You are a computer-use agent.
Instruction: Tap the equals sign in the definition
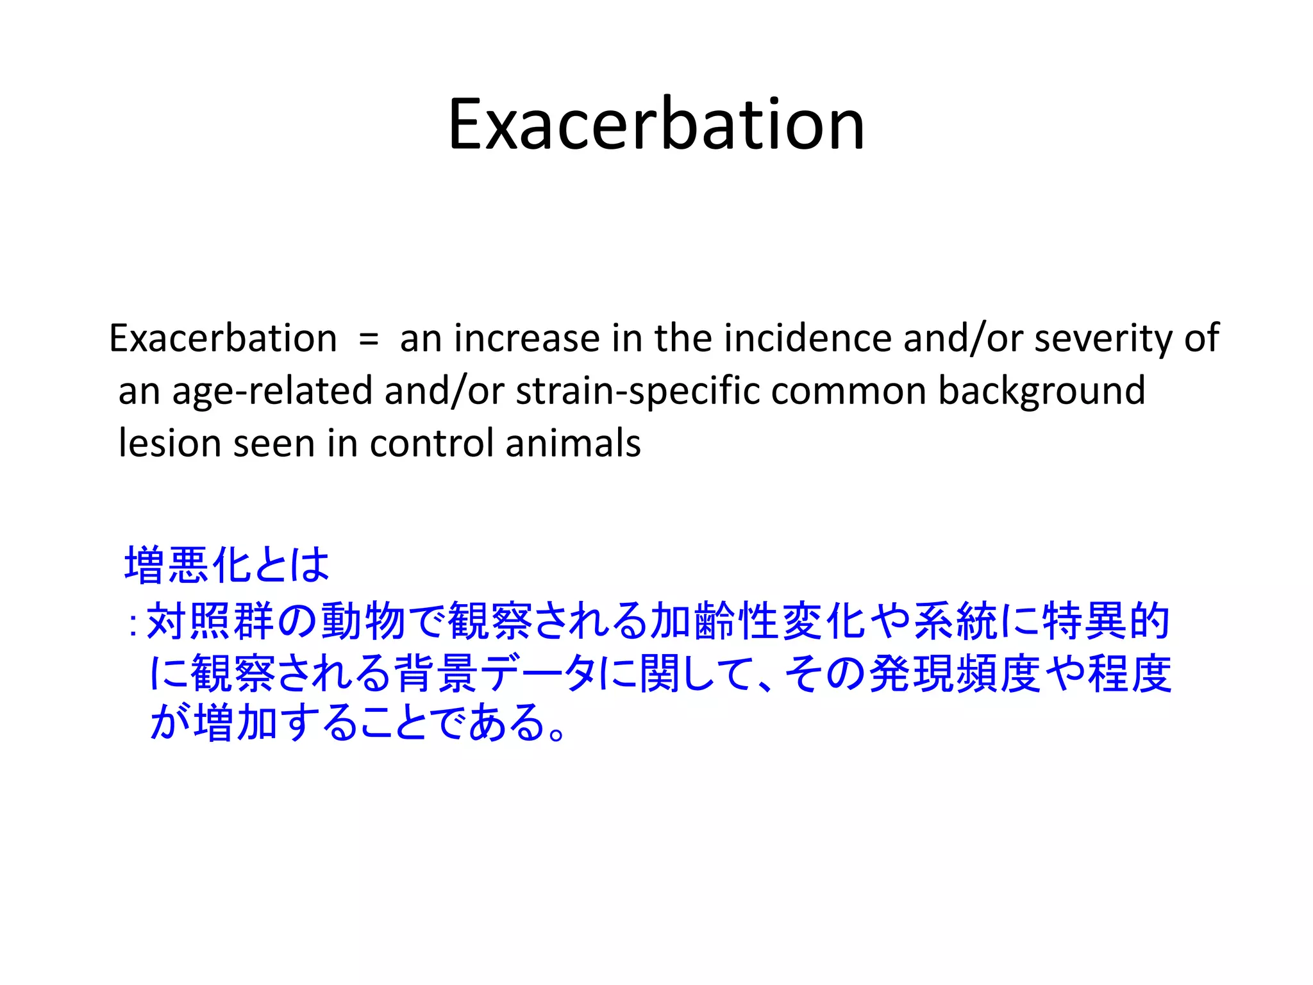coord(369,339)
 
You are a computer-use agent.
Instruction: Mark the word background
coord(1041,391)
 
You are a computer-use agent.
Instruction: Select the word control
coord(431,443)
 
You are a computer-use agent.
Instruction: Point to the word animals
coord(573,443)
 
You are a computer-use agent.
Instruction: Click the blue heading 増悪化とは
coord(227,565)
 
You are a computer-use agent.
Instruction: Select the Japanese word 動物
coord(363,621)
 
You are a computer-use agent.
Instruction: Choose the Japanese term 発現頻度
coord(955,673)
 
